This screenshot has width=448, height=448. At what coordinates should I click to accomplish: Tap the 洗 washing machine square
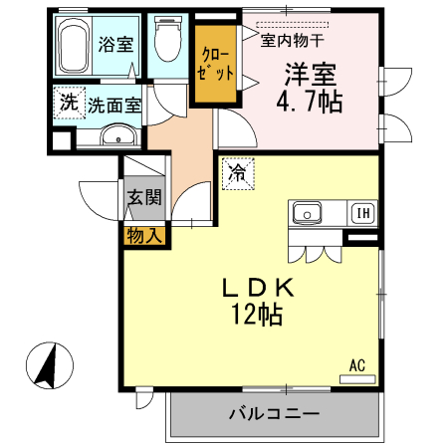(x=68, y=103)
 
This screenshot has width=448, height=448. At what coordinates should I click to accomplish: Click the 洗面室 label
(x=112, y=104)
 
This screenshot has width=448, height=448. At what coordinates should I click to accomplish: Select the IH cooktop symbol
(x=362, y=212)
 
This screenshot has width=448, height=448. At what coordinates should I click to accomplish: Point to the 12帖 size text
(x=257, y=316)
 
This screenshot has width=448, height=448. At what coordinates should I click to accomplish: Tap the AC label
(x=357, y=364)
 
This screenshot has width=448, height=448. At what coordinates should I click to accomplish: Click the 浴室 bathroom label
(x=114, y=44)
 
